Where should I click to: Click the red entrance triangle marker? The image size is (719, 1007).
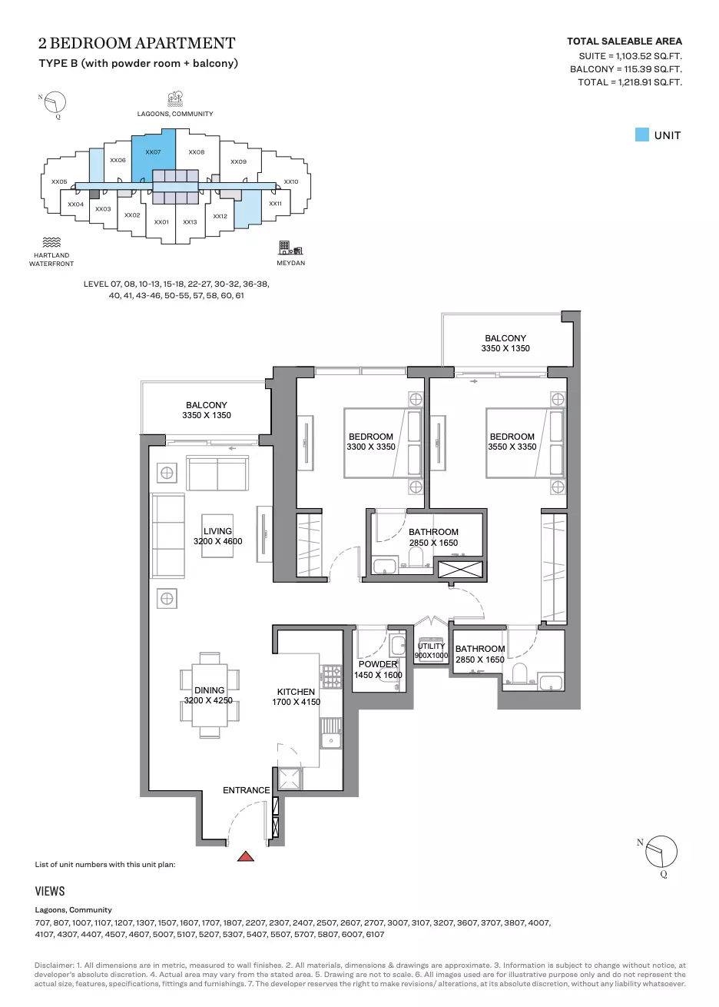pos(245,856)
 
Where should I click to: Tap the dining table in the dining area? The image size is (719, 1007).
pos(210,695)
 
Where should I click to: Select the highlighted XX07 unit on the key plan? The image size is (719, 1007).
pos(153,155)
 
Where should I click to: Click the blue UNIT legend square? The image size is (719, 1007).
pos(641,135)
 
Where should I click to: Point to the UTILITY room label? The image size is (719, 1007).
pos(431,646)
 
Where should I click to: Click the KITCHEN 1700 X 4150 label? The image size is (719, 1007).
pos(297,696)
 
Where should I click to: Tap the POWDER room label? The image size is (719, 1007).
pos(378,664)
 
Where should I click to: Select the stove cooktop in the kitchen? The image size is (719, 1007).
pos(330,676)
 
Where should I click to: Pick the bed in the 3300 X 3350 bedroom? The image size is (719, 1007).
pos(383,443)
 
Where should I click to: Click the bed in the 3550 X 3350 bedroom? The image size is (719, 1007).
pos(525,443)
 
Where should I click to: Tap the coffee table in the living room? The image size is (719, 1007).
pos(217,536)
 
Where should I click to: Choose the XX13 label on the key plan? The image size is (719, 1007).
pos(190,222)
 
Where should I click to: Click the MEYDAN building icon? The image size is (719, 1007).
pos(290,248)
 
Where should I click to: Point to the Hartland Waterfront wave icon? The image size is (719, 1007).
pos(51,242)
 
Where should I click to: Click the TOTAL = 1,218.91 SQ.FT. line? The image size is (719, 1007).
pos(630,82)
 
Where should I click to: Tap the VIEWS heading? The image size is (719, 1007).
pos(50,892)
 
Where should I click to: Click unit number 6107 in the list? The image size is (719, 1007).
pos(375,934)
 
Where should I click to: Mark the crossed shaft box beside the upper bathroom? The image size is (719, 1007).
pos(460,570)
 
